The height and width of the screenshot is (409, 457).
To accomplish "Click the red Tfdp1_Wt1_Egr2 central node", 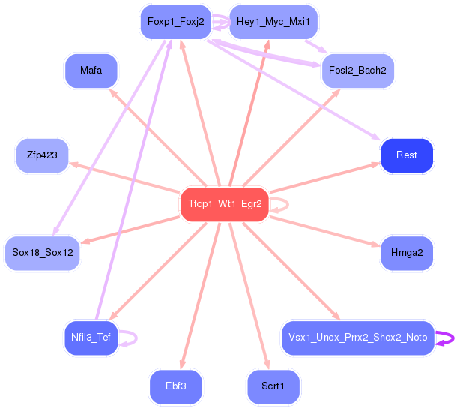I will pyautogui.click(x=224, y=204).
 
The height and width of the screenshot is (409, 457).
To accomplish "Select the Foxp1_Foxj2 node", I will pyautogui.click(x=176, y=22).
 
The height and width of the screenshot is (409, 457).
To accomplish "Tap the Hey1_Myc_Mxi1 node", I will pyautogui.click(x=273, y=22).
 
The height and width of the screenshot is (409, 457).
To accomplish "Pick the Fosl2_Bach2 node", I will pyautogui.click(x=357, y=71).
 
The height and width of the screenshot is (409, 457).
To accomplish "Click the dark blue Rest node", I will pyautogui.click(x=407, y=155).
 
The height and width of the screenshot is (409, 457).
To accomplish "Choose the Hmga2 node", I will pyautogui.click(x=407, y=253).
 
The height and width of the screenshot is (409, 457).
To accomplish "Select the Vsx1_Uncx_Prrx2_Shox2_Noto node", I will pyautogui.click(x=357, y=338).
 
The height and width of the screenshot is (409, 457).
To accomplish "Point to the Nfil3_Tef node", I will pyautogui.click(x=91, y=338).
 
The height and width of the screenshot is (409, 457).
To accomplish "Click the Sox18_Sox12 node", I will pyautogui.click(x=42, y=253).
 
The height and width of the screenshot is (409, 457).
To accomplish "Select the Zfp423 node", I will pyautogui.click(x=42, y=155).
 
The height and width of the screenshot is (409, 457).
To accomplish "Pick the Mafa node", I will pyautogui.click(x=91, y=71).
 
